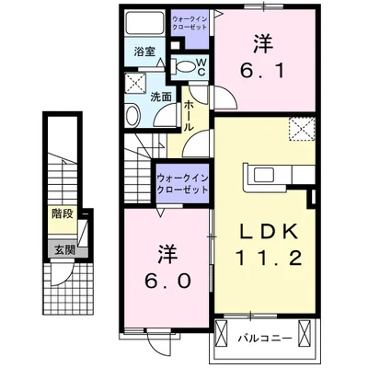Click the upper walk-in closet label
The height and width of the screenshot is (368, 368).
(190, 21)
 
